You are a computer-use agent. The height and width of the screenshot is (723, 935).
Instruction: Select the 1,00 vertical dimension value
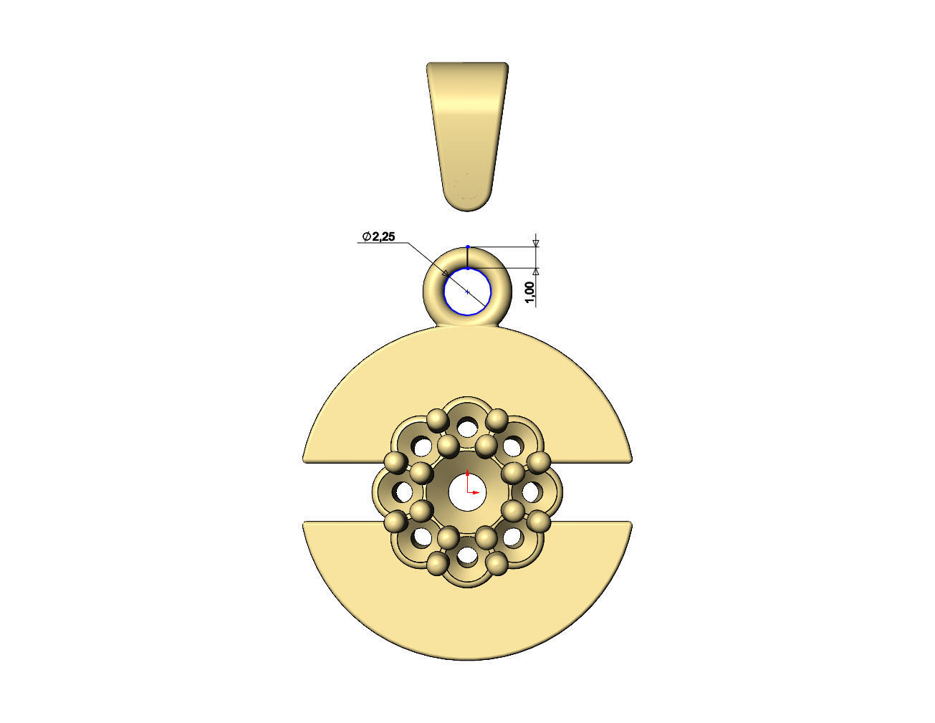(529, 292)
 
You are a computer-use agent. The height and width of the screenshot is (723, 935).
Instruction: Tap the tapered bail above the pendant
(467, 129)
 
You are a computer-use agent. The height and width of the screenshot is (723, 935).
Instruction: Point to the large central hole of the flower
(467, 494)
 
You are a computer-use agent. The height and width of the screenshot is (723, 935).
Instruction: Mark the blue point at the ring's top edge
(467, 246)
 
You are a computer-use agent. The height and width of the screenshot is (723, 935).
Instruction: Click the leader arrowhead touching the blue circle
(446, 276)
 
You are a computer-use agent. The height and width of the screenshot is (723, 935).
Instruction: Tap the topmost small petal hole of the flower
(467, 428)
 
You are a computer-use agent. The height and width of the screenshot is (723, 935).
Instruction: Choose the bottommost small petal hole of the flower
(467, 555)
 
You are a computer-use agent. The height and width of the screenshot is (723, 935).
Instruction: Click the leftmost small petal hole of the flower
(403, 492)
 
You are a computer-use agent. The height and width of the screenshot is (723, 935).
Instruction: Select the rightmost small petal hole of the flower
(531, 492)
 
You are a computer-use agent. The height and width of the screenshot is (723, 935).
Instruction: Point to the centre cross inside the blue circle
(467, 292)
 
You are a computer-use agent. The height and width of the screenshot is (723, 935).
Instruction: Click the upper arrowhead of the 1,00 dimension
(536, 244)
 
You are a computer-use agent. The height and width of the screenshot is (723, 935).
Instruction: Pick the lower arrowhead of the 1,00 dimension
(536, 272)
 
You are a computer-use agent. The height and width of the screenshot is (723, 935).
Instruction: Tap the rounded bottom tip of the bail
(467, 204)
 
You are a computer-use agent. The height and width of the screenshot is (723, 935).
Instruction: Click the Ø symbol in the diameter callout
(366, 236)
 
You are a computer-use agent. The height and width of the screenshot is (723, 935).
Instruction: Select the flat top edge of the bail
(467, 64)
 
